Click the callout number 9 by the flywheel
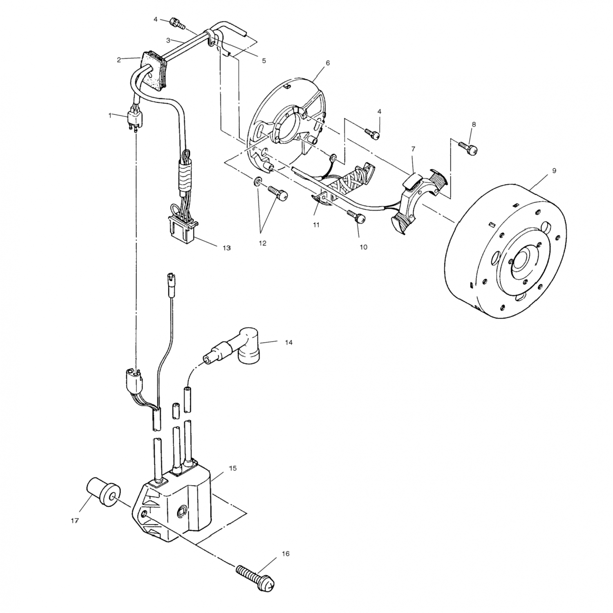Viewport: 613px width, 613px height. (x=554, y=171)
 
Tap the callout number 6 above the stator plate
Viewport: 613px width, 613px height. (x=327, y=63)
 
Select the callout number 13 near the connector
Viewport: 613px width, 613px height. (x=226, y=248)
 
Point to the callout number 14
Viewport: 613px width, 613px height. (x=289, y=342)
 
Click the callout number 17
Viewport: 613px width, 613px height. (x=74, y=521)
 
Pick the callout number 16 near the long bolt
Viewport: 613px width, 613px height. (x=285, y=554)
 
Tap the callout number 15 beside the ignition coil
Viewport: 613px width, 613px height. (x=233, y=468)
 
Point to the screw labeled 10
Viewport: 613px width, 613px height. (x=355, y=217)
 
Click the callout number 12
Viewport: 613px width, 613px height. (x=262, y=243)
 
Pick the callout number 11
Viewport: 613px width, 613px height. (x=316, y=225)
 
